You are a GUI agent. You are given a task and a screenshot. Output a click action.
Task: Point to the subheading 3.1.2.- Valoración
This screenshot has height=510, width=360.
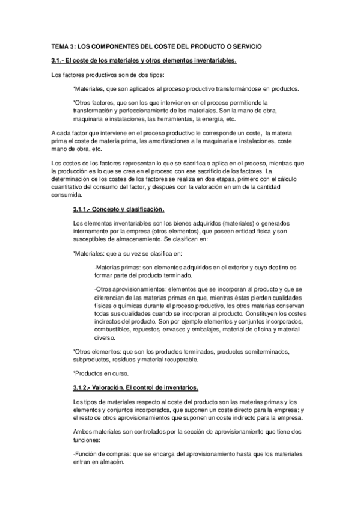point(139,387)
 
